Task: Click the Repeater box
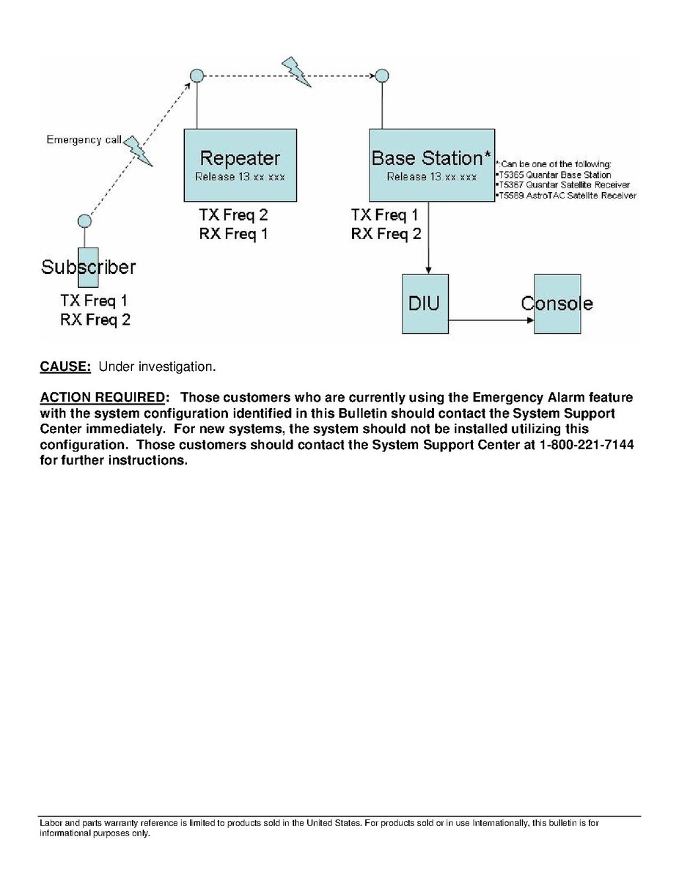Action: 240,165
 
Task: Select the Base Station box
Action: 431,165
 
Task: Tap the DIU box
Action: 425,303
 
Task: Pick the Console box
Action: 557,303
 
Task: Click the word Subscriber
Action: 88,267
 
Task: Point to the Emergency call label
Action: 84,139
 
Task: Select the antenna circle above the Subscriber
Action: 84,221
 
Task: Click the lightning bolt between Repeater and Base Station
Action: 297,71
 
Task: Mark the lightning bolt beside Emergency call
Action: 138,150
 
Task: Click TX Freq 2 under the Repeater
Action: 233,215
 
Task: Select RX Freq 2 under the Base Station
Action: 386,234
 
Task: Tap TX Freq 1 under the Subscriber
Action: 95,300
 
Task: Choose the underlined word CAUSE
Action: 65,366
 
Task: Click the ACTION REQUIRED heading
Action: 103,397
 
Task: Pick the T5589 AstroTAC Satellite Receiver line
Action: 567,196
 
